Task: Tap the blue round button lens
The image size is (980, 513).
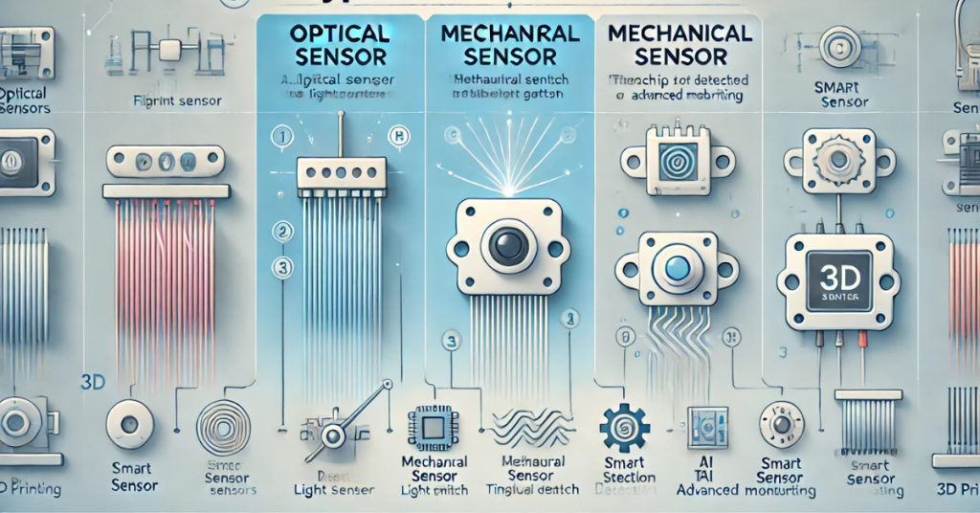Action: click(x=678, y=269)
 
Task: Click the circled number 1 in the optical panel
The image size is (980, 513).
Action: click(x=281, y=137)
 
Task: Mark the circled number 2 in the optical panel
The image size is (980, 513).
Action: click(x=281, y=231)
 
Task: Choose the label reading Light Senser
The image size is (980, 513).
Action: click(x=324, y=490)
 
